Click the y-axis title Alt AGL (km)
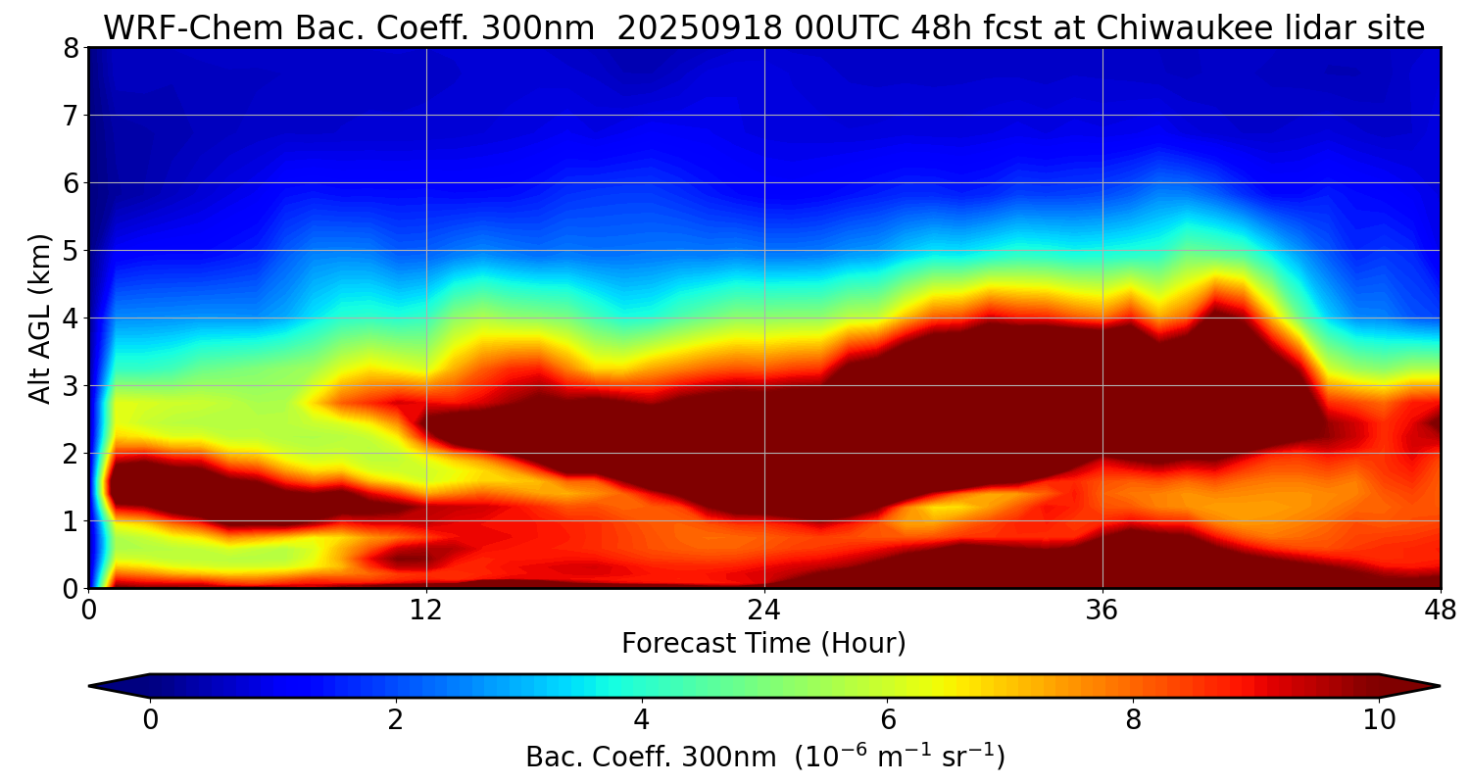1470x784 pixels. pos(40,318)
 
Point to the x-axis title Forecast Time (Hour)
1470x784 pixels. pos(763,644)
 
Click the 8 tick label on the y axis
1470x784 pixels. pos(71,48)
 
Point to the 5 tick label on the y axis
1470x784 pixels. pos(71,251)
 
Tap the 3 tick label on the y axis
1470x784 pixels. pos(71,386)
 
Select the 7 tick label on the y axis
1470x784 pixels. pos(71,116)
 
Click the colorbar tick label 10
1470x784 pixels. pos(1379,720)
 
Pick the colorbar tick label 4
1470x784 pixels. pos(642,720)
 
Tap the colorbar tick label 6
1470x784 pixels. pos(888,720)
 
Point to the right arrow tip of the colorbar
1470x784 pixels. pos(1438,686)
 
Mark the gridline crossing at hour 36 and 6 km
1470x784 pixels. pos(1102,182)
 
